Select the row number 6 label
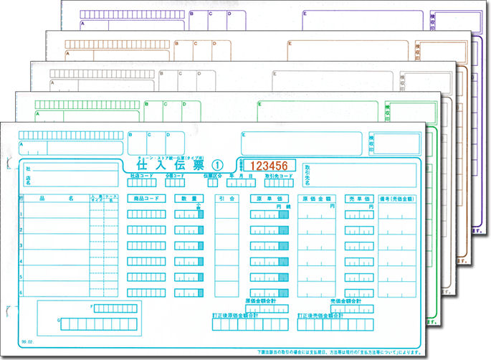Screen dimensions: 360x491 click(22, 292)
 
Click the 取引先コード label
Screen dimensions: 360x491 click(278, 175)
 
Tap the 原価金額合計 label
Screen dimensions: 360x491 click(265, 301)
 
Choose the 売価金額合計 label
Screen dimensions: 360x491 click(345, 301)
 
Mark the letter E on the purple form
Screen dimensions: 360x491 click(304, 14)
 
